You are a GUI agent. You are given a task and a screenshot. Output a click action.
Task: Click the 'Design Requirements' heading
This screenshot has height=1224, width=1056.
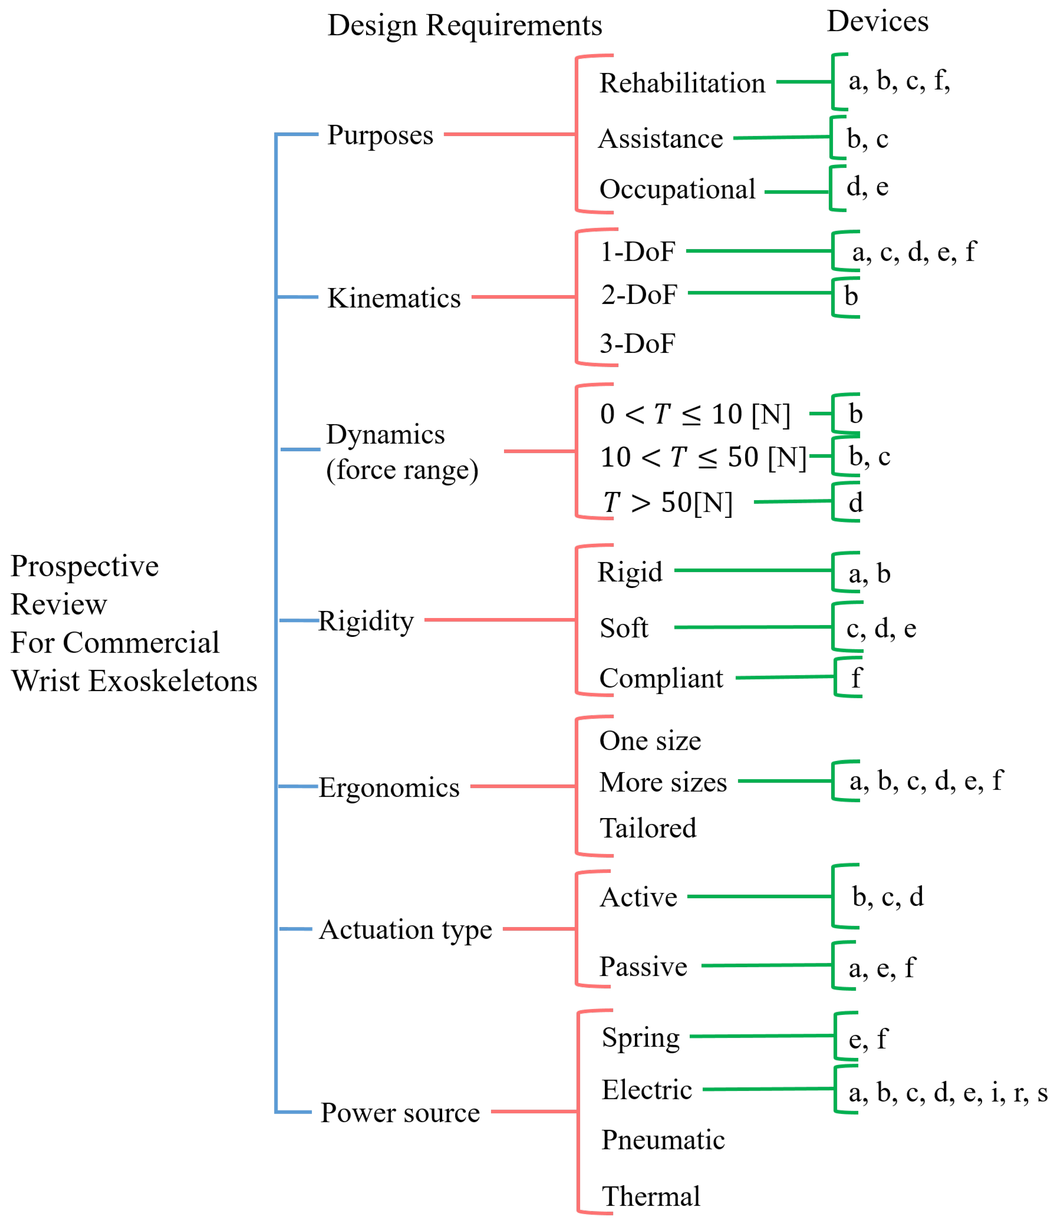point(464,25)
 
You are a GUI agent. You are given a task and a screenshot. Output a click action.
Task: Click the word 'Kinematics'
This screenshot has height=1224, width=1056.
point(394,298)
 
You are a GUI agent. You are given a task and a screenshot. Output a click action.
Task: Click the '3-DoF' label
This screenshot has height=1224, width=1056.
point(637,343)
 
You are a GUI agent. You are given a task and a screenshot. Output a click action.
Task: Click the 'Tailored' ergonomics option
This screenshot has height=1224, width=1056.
point(648,828)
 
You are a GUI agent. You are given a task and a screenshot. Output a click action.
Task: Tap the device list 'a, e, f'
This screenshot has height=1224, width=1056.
point(881,968)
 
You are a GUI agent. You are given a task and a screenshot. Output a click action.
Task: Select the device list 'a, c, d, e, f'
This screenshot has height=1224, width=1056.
point(914,252)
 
